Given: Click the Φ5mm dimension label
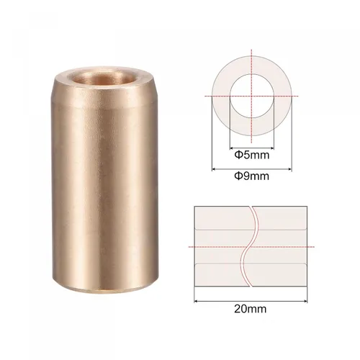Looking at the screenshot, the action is pos(252,155).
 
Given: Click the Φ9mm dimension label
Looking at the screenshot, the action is pos(252,176).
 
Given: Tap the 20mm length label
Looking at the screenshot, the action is pos(251,309).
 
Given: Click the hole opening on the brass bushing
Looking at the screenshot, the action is pos(101,78).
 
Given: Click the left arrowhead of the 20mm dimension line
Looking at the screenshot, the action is pos(196,301).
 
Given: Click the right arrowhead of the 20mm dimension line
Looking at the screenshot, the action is pos(305,301).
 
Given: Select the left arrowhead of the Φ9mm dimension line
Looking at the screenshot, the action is pos(213,169).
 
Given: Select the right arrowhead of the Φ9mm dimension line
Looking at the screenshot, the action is pos(290,169).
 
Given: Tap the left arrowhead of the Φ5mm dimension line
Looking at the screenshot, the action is pos(232,148).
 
